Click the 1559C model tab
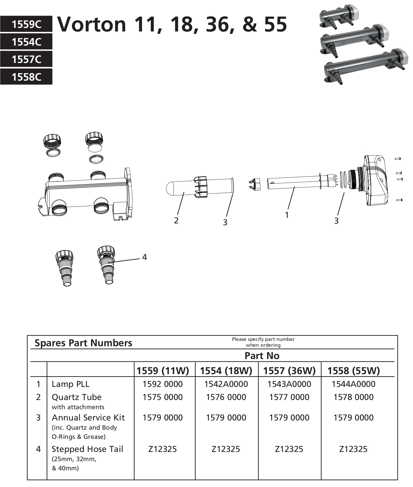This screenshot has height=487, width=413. (x=26, y=25)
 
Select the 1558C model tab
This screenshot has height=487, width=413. (x=26, y=77)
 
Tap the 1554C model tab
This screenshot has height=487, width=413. (x=26, y=42)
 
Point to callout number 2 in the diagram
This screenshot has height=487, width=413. (x=176, y=220)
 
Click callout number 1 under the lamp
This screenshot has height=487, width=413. (x=287, y=215)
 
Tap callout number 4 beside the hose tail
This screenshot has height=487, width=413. (x=145, y=257)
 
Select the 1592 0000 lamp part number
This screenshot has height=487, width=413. (x=162, y=384)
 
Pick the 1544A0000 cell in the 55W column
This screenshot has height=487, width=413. (x=353, y=384)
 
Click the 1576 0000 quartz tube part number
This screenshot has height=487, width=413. (x=226, y=397)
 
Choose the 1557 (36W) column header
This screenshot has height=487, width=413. (x=289, y=371)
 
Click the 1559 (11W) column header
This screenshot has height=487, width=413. (x=162, y=371)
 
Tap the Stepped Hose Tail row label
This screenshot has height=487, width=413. (x=87, y=449)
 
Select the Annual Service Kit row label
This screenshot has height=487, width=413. (x=88, y=418)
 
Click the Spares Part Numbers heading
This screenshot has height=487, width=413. (x=83, y=343)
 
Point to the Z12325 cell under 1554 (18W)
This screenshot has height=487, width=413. (x=226, y=449)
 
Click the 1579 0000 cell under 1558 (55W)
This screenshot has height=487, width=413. (x=353, y=418)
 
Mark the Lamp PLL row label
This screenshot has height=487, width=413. (x=70, y=384)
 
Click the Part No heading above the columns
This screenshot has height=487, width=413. (x=262, y=356)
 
